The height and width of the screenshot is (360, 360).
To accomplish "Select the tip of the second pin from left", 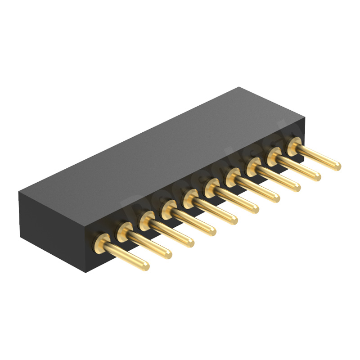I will click(x=167, y=254).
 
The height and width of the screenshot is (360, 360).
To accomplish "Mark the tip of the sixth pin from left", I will click(x=254, y=208).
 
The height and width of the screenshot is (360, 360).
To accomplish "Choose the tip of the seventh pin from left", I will click(x=275, y=198).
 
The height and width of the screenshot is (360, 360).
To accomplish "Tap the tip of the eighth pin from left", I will click(x=296, y=187).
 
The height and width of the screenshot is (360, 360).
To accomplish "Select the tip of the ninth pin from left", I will click(x=316, y=176).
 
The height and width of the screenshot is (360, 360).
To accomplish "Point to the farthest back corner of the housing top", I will click(x=239, y=87).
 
